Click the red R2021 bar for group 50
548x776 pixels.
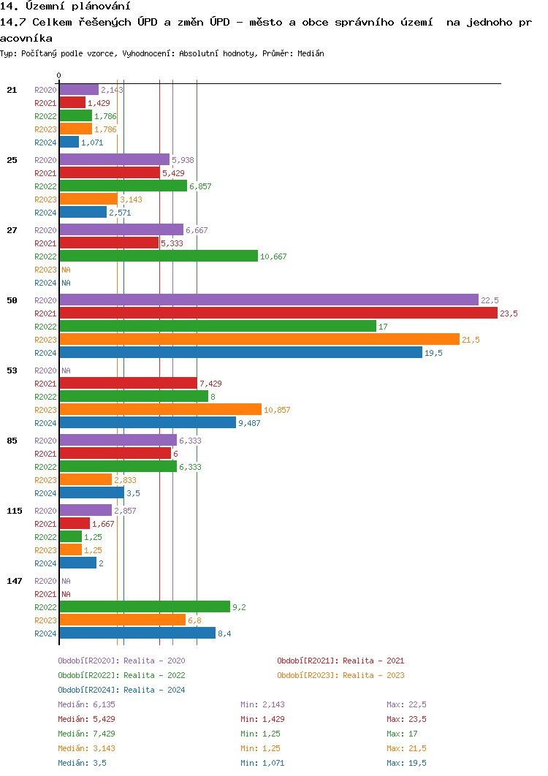point(278,313)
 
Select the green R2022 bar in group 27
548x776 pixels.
point(159,256)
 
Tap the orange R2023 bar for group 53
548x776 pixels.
point(160,409)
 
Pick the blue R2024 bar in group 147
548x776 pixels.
point(137,633)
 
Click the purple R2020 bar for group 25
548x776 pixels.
point(114,159)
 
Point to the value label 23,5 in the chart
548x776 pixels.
point(509,313)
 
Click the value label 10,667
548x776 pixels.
point(273,256)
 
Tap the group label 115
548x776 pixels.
point(15,511)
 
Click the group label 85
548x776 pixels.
point(12,441)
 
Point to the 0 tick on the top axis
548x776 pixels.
point(59,75)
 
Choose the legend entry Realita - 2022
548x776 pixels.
point(121,675)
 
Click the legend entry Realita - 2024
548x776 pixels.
point(121,690)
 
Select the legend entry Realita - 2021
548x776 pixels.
point(340,661)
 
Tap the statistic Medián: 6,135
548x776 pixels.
point(86,704)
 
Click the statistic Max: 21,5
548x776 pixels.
point(406,748)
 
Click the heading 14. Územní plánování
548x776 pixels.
point(60,7)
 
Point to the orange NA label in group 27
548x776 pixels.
point(66,270)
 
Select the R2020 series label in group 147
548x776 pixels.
point(45,581)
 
